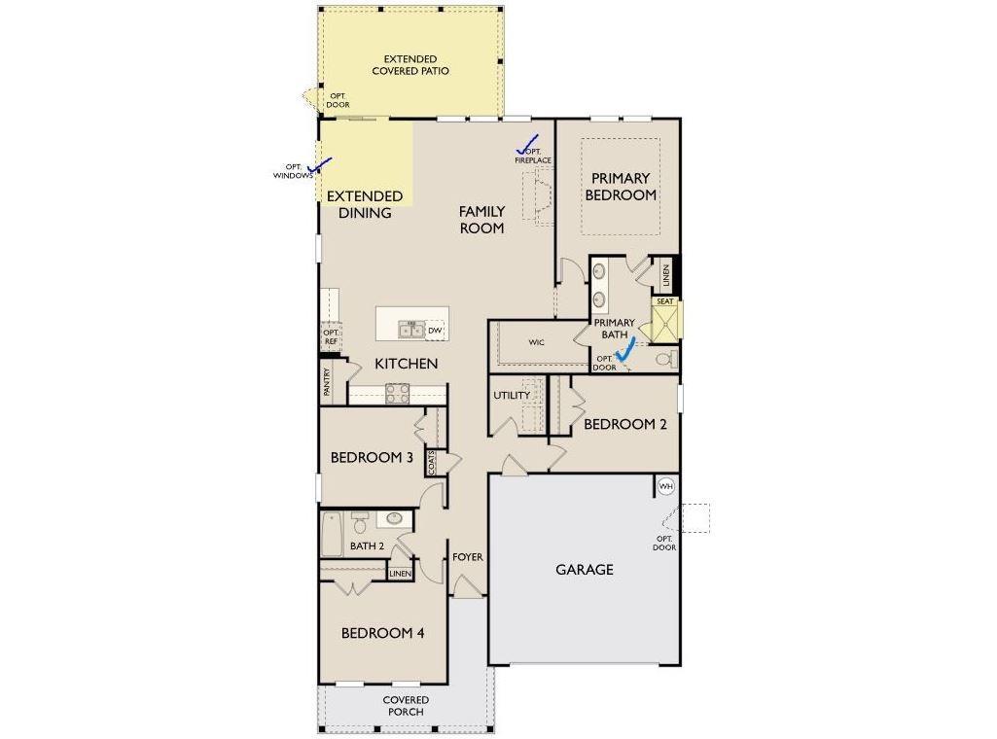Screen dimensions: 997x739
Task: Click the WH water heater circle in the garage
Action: (665, 487)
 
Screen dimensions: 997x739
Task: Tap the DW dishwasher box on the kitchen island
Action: (435, 331)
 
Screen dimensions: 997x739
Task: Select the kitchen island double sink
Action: (411, 330)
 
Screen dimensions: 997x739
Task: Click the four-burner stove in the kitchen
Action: (398, 394)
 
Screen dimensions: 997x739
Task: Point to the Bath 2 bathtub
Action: (332, 535)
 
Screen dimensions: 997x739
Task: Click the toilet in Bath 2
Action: (360, 523)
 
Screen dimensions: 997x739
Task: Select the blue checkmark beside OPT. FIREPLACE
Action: (528, 145)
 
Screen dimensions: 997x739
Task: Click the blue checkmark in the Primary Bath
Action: (625, 349)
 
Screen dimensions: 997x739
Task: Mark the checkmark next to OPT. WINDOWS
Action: (320, 165)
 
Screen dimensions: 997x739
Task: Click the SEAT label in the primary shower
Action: (665, 301)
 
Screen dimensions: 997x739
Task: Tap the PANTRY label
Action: (327, 382)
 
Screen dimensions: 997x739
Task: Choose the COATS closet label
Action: (431, 463)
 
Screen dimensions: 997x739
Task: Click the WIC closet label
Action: (537, 342)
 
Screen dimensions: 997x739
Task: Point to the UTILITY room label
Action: (512, 395)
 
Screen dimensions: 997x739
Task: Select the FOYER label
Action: (468, 557)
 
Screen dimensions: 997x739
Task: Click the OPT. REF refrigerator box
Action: (331, 336)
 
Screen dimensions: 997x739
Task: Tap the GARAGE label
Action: (585, 570)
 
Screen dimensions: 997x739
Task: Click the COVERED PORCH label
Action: (406, 706)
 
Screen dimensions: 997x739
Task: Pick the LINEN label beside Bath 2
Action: (400, 574)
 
